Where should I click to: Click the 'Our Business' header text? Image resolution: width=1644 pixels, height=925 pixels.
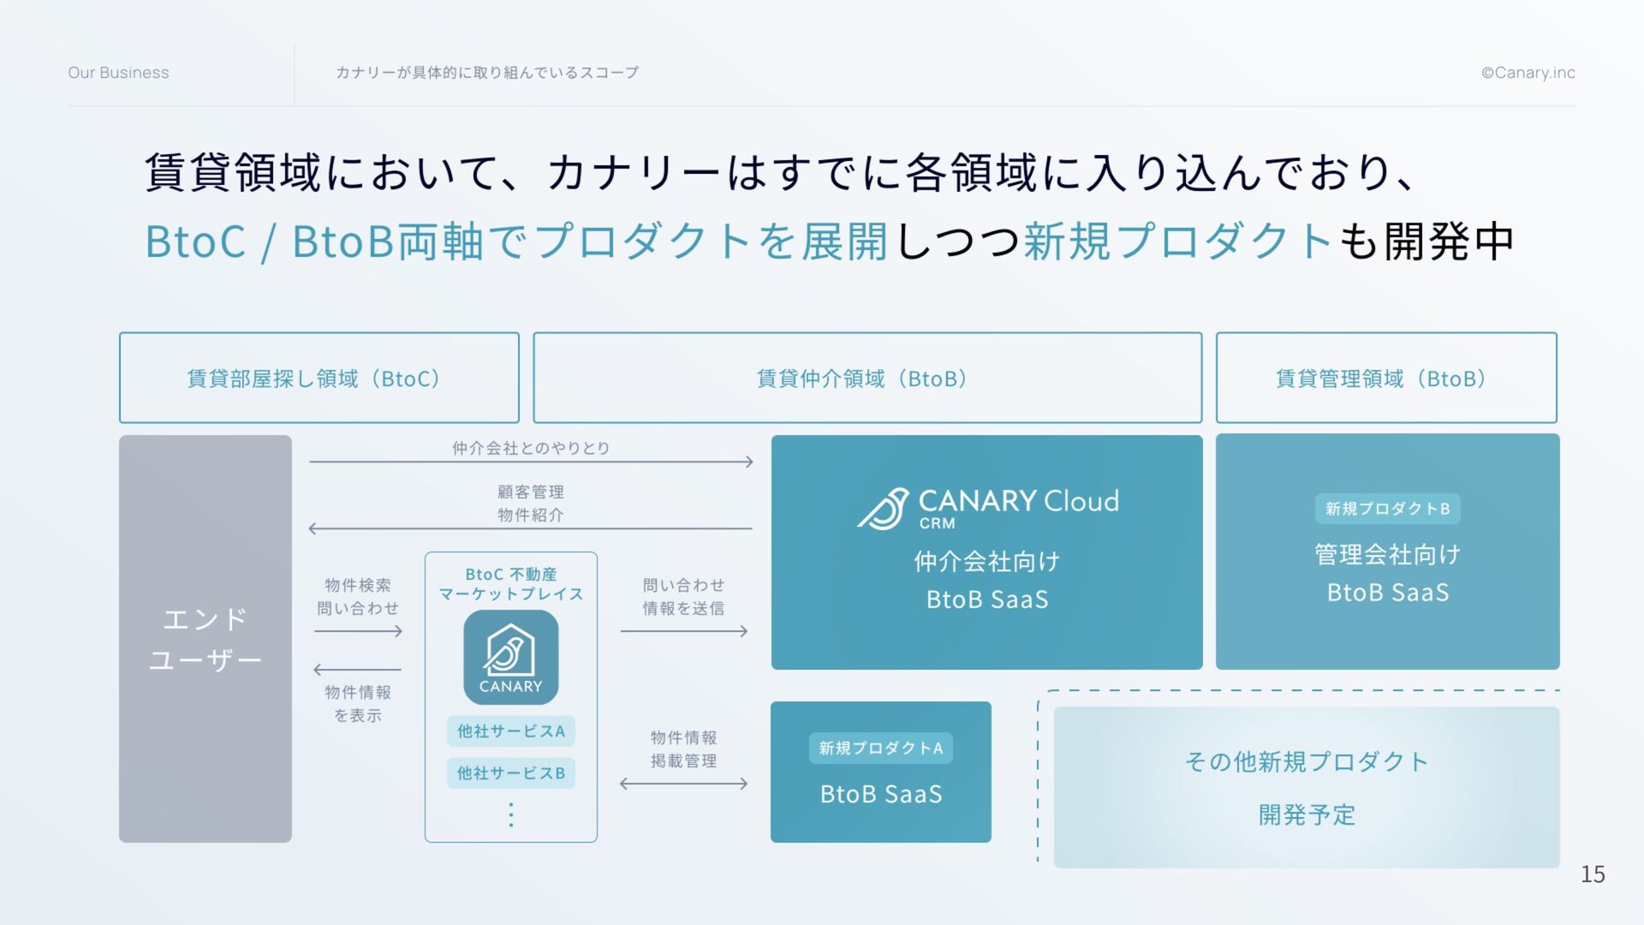coord(118,73)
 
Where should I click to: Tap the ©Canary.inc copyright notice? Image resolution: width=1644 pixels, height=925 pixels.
coord(1528,73)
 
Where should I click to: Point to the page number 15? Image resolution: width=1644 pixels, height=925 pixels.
coord(1592,874)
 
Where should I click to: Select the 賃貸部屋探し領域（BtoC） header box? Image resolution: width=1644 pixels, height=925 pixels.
coord(319,378)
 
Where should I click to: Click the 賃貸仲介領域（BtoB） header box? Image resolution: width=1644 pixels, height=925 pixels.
coord(867,378)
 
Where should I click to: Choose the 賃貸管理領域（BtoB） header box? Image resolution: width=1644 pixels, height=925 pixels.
coord(1385,378)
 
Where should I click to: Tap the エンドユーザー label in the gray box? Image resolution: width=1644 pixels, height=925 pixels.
coord(205,639)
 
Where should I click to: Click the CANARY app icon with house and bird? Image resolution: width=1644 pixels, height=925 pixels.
coord(510,657)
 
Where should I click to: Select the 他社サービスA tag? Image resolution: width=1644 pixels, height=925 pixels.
coord(510,731)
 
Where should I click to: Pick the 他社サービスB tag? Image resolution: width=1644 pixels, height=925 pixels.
coord(510,773)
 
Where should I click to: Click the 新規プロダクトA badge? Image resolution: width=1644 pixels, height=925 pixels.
coord(880,749)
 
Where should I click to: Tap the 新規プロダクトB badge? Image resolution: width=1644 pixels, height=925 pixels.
coord(1387,509)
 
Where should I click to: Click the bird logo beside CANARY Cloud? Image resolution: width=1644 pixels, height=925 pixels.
coord(884,509)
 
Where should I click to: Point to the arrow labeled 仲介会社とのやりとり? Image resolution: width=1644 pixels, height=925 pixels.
coord(531,462)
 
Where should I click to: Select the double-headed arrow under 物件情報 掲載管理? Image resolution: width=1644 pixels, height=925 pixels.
coord(683,784)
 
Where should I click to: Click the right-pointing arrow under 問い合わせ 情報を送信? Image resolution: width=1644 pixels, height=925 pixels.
coord(683,631)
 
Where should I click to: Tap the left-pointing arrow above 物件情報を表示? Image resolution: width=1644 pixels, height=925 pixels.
coord(357,669)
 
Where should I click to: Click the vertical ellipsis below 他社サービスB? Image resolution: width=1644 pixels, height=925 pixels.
coord(511,815)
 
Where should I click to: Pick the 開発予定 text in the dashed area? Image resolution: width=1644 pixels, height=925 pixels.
coord(1307,815)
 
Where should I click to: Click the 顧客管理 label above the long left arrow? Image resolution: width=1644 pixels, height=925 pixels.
coord(531,492)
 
